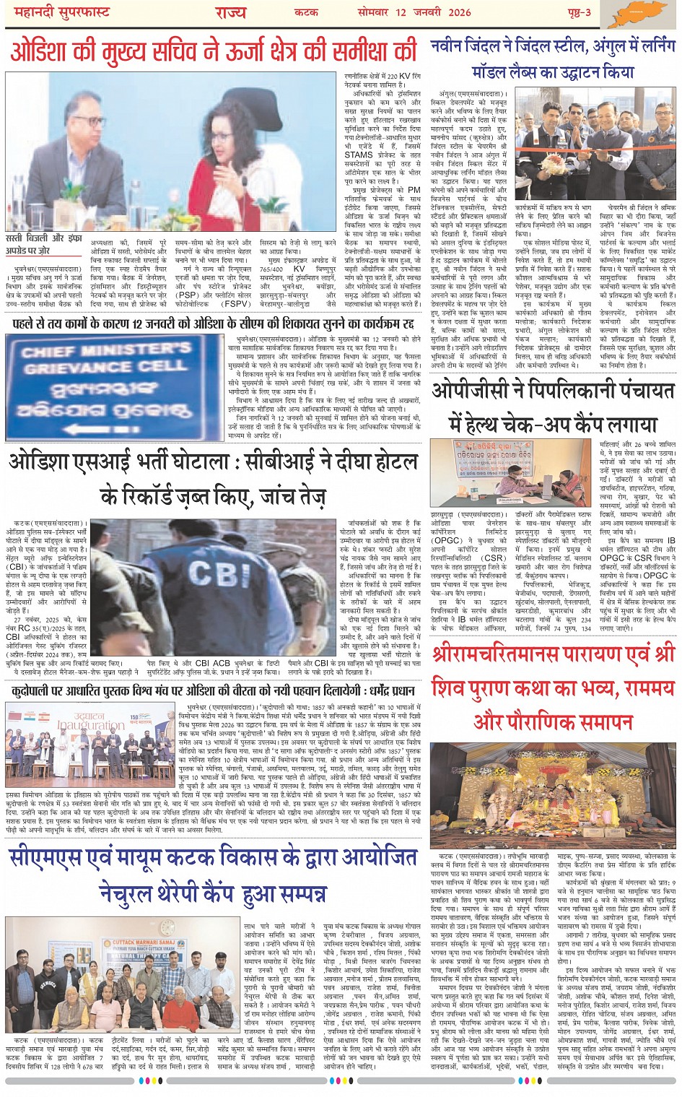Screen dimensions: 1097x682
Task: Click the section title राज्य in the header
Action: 229,12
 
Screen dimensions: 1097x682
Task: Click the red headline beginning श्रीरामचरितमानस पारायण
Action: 553,687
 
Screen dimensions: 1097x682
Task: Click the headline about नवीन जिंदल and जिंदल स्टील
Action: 552,58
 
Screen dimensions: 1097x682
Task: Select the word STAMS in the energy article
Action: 359,155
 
